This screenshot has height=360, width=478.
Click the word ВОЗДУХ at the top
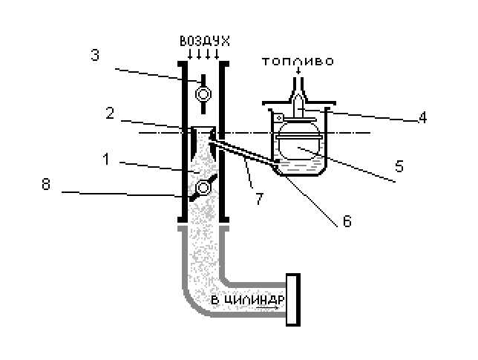click(x=205, y=41)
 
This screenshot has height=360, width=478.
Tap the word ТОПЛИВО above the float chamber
click(x=298, y=62)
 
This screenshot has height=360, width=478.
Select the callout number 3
click(x=95, y=55)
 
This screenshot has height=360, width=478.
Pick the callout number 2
click(x=110, y=113)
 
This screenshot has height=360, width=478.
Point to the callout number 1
click(x=106, y=159)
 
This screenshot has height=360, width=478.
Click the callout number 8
click(x=46, y=184)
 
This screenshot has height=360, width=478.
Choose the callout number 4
click(x=422, y=118)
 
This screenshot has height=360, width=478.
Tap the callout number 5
click(x=399, y=166)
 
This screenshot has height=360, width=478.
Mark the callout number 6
click(x=347, y=221)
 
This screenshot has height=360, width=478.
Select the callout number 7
click(x=259, y=199)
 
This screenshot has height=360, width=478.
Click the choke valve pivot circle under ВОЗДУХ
click(x=203, y=94)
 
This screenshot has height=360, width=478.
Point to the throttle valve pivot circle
click(x=203, y=188)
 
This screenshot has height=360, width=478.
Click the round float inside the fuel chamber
click(x=298, y=140)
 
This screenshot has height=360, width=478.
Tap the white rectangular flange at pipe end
click(x=293, y=300)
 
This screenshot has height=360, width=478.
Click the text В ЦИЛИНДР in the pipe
click(x=248, y=300)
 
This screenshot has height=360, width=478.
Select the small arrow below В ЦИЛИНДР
click(x=267, y=308)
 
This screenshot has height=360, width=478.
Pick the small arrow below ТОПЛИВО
click(x=298, y=71)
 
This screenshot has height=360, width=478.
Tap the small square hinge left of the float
click(x=278, y=118)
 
